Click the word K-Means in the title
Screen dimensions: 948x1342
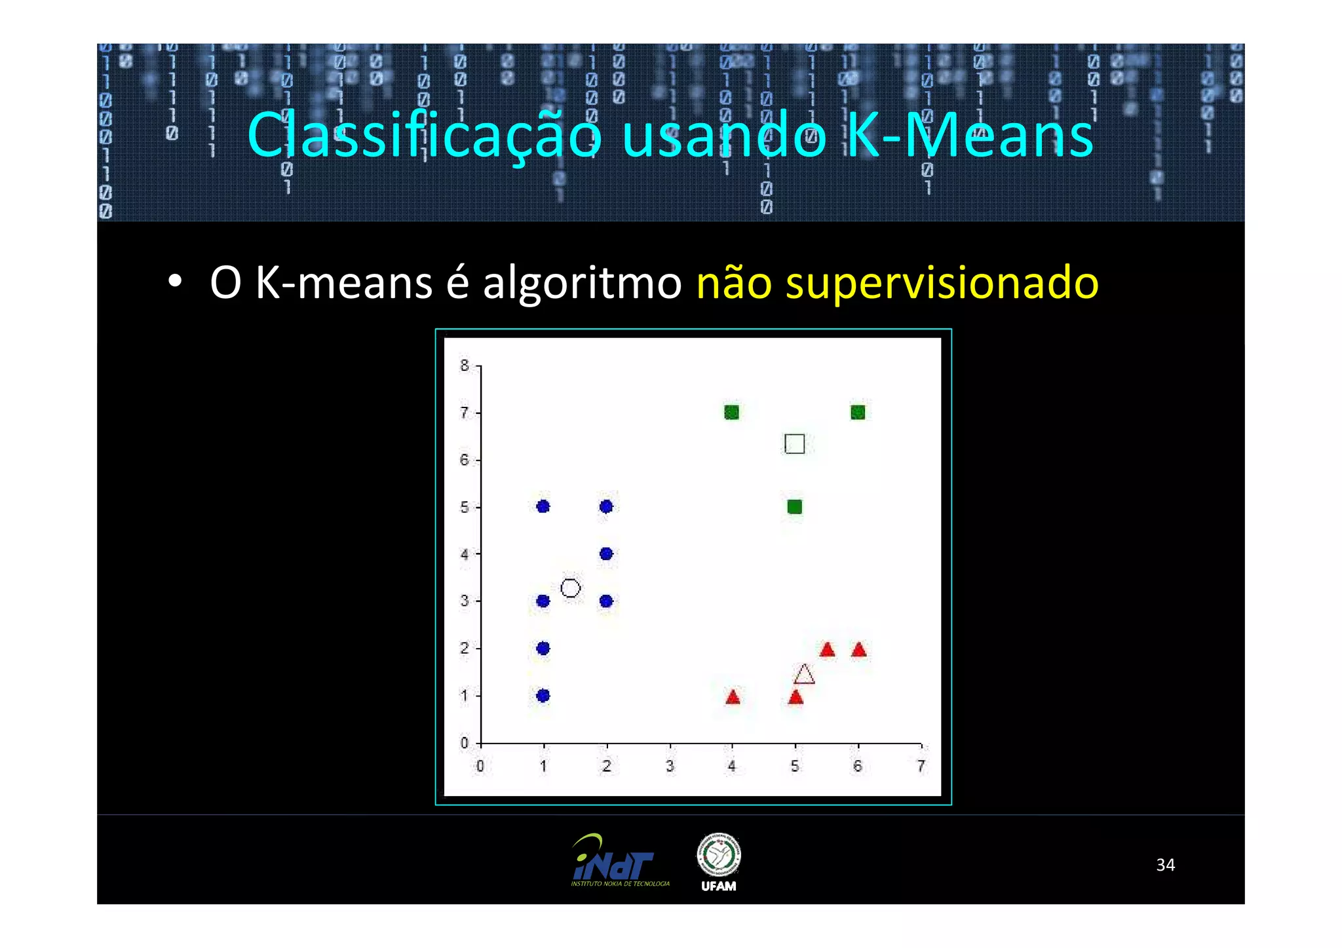tap(970, 136)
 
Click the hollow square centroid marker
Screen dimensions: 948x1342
tap(794, 444)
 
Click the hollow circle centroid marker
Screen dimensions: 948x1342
tap(570, 588)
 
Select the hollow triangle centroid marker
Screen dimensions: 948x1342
tap(804, 675)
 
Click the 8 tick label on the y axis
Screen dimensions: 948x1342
tap(465, 366)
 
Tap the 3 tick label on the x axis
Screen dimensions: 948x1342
tap(669, 766)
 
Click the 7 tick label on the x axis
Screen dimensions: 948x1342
tap(921, 766)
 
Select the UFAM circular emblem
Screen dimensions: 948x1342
tap(718, 855)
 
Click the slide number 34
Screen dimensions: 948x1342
tap(1165, 865)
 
